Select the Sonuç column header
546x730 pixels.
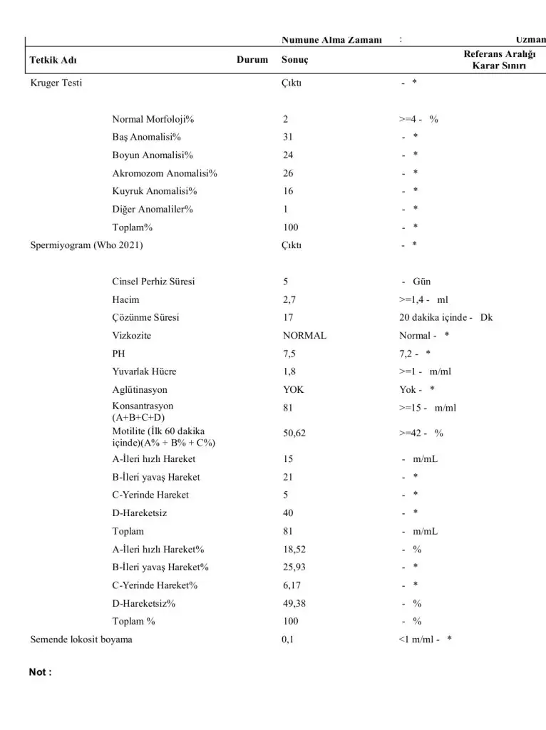[296, 60]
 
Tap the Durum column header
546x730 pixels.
[252, 60]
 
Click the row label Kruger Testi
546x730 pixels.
[56, 83]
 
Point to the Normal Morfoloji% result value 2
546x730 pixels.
[286, 119]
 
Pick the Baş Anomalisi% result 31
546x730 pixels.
[288, 137]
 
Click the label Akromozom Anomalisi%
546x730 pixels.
[164, 173]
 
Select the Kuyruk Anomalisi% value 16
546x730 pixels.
[288, 191]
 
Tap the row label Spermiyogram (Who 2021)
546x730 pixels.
[86, 245]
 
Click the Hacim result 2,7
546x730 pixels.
[289, 300]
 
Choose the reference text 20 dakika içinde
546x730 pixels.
[434, 318]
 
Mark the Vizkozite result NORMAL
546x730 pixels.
[304, 336]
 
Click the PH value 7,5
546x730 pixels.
[289, 354]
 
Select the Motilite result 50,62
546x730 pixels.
[294, 433]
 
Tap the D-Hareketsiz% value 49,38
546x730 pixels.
[294, 603]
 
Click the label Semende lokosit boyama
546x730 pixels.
[81, 639]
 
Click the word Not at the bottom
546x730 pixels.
[37, 672]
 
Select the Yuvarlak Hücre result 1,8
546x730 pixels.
[289, 372]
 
